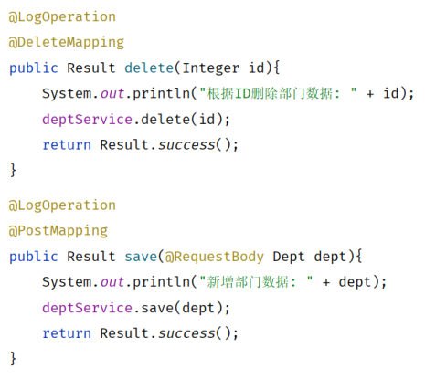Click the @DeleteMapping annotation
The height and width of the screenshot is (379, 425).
[67, 43]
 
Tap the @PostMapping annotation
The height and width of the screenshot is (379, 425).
[58, 231]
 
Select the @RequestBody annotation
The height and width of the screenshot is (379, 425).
[214, 257]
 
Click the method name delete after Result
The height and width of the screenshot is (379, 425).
[149, 68]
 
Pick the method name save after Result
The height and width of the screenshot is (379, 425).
[141, 257]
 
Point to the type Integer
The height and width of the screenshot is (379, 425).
[211, 68]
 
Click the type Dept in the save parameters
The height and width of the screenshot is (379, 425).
[289, 257]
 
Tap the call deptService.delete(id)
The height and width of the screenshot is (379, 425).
[136, 119]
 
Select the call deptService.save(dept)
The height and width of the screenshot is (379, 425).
[136, 308]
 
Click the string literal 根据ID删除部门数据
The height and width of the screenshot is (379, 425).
[278, 93]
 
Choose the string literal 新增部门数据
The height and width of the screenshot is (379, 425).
[256, 282]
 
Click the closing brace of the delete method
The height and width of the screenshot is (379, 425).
[13, 170]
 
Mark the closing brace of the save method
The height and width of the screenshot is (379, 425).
[13, 358]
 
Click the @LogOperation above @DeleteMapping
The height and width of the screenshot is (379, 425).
[62, 17]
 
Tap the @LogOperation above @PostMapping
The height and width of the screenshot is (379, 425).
[62, 205]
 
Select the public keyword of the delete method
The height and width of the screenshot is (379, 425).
[34, 68]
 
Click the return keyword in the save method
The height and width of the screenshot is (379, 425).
[67, 333]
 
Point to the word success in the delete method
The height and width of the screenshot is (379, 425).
[186, 144]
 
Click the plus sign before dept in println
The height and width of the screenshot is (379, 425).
[326, 282]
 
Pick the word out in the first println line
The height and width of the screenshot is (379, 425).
[112, 93]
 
